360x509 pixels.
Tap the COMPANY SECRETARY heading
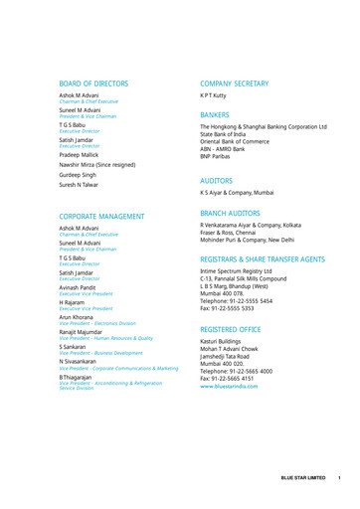(x=240, y=84)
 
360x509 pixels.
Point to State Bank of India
(x=232, y=135)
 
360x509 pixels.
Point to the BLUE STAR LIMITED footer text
(x=302, y=478)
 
